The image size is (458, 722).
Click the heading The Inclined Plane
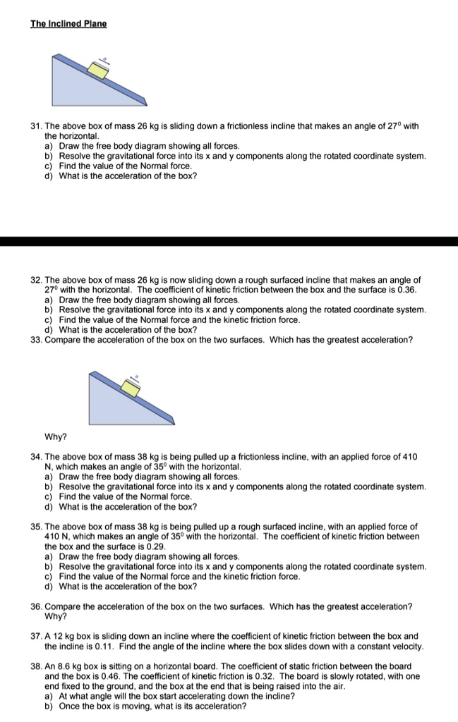point(68,23)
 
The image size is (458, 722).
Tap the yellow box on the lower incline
point(130,387)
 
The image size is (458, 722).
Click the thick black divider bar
point(229,241)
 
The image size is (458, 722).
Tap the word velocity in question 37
point(406,647)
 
